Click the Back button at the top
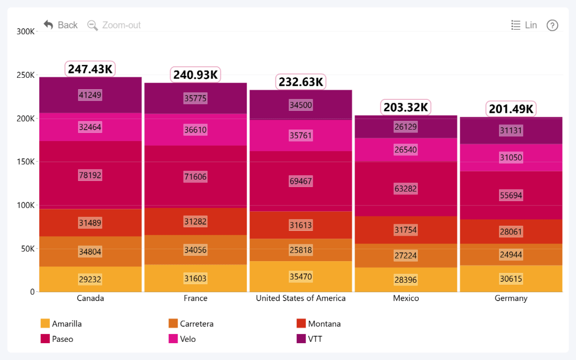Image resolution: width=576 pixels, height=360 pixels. (60, 25)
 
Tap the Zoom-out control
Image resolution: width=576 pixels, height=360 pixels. (114, 25)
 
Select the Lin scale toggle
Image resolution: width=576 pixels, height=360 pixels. (524, 25)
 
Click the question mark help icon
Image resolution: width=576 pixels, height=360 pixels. (552, 25)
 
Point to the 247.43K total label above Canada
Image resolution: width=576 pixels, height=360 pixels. (90, 69)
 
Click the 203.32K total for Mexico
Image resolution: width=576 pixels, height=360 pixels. (406, 107)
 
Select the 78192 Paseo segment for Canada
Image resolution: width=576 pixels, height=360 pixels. (90, 175)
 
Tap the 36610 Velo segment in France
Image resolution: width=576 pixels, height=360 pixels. (195, 130)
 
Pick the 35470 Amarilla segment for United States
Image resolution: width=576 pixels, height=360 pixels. (300, 276)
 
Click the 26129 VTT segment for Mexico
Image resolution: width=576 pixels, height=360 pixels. (406, 127)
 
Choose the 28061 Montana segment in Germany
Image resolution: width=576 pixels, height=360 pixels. (511, 232)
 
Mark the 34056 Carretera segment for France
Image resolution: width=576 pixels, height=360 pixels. (195, 250)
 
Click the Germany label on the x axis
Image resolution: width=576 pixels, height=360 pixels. (511, 298)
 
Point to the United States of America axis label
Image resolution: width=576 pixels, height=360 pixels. (300, 298)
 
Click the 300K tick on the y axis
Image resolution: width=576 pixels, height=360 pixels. (25, 32)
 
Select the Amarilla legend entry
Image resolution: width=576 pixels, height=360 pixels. (61, 324)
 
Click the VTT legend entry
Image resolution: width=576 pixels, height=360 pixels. (310, 339)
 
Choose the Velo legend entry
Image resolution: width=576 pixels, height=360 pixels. (182, 339)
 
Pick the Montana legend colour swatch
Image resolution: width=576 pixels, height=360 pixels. (301, 324)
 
